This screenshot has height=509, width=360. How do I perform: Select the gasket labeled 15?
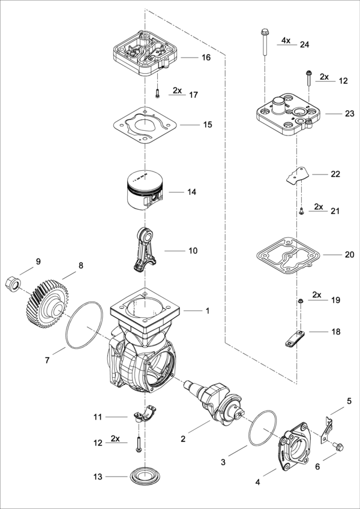pos(145,127)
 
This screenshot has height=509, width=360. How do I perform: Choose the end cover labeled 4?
pos(294,444)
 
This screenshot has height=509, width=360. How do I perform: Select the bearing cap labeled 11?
pos(146,414)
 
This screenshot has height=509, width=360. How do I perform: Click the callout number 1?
pos(208,311)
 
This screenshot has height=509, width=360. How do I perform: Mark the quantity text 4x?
pos(286,40)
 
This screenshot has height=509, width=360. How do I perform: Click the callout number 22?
pos(335,174)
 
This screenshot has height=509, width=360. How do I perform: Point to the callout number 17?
pos(193,95)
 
